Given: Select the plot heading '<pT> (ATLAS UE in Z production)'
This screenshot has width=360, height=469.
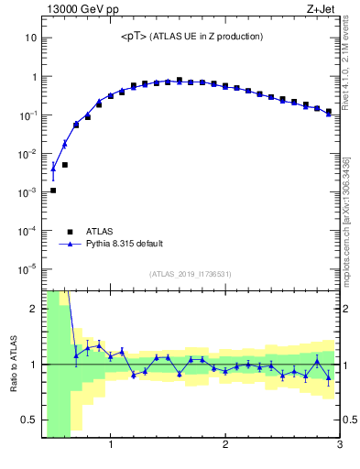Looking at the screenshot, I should (x=191, y=37).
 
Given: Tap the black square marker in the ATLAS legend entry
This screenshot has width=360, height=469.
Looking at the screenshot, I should (x=69, y=231).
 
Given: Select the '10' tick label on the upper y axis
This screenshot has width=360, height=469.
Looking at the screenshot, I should (x=31, y=38).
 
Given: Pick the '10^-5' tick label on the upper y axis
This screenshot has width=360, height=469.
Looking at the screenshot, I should (x=27, y=269).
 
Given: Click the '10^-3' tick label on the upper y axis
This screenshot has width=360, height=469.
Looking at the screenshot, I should (x=27, y=192).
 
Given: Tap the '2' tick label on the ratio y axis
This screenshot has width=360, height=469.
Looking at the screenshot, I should (x=33, y=309).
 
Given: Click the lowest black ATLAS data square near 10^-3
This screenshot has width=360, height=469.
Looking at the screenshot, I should (x=53, y=191).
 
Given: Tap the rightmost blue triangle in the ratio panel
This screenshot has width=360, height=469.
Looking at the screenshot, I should (x=328, y=376).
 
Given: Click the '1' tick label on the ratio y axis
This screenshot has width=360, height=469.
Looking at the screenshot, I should (x=33, y=365).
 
